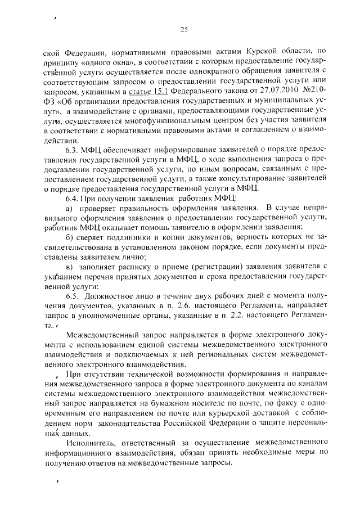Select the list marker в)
[70, 267]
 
